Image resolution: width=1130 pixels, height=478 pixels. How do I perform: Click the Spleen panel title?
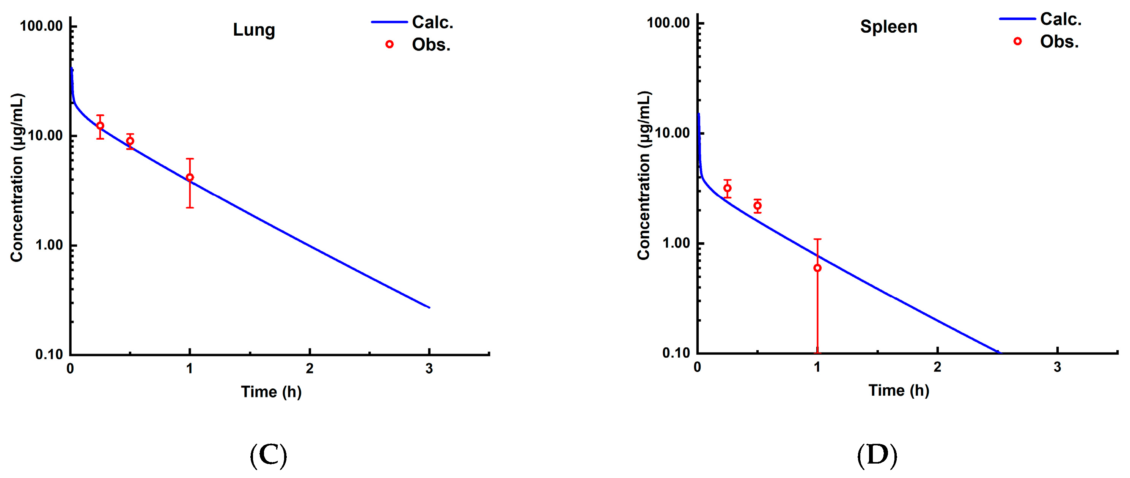point(888,27)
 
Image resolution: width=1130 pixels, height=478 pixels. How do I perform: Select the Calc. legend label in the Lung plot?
point(432,22)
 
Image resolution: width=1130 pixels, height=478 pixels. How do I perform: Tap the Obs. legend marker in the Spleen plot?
point(1017,41)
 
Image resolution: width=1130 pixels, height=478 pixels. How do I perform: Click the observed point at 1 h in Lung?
point(190,177)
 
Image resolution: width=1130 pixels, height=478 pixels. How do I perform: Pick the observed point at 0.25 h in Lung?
point(100,126)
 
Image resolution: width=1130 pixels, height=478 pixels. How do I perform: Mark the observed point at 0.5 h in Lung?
point(130,141)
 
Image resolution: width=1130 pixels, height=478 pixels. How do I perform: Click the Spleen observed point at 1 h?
point(817,268)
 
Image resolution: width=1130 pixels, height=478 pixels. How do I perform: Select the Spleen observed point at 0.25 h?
point(727,188)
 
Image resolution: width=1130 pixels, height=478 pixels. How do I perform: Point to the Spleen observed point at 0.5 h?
point(757,205)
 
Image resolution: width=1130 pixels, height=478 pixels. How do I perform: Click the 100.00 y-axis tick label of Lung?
point(42,26)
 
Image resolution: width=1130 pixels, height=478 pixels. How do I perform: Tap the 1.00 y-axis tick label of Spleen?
point(676,243)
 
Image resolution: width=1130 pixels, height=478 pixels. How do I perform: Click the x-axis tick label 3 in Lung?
point(429,369)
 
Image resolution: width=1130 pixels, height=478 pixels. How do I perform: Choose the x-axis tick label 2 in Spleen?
point(937,368)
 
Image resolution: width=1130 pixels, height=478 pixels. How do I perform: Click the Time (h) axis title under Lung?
point(271,391)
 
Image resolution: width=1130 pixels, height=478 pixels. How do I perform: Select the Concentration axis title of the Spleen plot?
point(644,175)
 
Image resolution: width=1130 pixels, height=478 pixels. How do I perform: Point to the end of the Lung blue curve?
point(429,307)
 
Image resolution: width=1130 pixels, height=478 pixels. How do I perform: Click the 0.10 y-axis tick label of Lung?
point(49,354)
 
